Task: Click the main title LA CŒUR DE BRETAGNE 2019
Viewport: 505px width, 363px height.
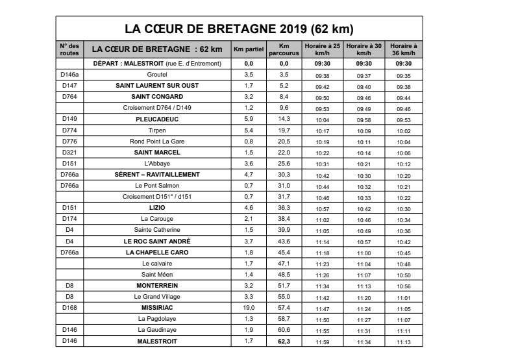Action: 238,29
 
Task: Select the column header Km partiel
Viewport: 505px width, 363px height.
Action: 247,49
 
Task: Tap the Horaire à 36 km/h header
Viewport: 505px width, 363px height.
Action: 403,49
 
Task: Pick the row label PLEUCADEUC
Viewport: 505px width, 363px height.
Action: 157,119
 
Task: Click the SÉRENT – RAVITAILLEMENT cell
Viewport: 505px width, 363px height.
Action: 157,175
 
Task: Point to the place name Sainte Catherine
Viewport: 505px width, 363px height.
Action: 157,230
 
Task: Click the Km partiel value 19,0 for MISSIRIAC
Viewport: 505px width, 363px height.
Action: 247,307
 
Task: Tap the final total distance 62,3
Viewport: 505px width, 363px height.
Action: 283,340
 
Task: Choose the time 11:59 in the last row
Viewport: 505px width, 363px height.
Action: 323,341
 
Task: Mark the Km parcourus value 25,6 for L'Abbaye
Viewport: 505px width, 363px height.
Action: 283,164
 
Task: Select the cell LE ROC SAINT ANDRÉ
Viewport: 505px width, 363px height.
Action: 157,241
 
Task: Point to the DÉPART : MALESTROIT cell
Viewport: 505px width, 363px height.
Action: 157,64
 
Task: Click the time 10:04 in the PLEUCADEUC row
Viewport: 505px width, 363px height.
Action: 323,120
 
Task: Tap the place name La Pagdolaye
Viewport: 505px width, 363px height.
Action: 157,318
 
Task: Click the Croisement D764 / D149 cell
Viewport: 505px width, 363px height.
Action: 157,108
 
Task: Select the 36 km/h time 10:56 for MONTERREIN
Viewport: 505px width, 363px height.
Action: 403,286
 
